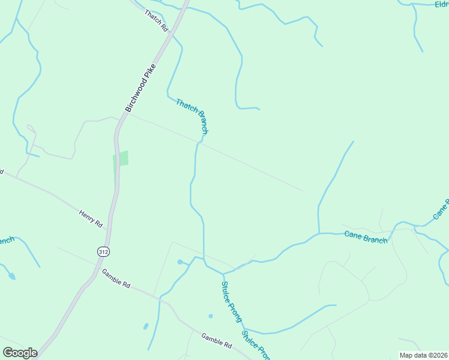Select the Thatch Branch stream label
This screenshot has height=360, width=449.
(x=193, y=116)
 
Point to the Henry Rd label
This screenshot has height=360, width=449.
(x=91, y=218)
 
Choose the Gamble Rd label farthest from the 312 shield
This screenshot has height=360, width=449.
(x=217, y=341)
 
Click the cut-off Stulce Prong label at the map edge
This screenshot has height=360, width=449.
(x=256, y=346)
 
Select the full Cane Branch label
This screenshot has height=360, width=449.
(x=366, y=235)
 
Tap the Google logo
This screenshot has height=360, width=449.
(x=20, y=352)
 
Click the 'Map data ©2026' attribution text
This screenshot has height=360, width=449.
(x=423, y=355)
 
